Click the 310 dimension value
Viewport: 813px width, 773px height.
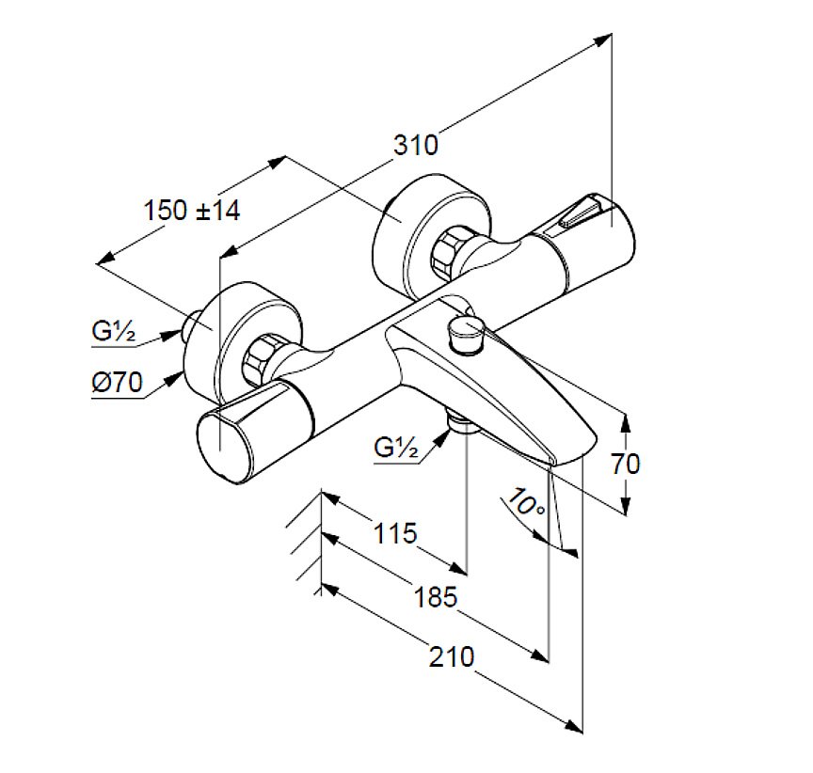click(416, 145)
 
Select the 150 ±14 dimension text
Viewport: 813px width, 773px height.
click(192, 210)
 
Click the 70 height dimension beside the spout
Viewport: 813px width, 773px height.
click(624, 463)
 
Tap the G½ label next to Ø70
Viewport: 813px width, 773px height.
click(114, 330)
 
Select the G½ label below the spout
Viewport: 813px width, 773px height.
click(395, 448)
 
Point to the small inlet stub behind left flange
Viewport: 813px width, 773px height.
click(197, 324)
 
